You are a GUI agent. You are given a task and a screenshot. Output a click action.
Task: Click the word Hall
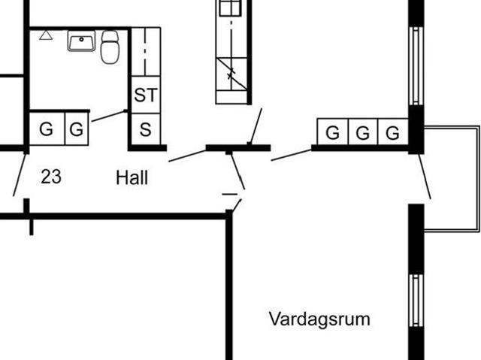pos(132,177)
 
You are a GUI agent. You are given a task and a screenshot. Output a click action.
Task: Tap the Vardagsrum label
pos(319,319)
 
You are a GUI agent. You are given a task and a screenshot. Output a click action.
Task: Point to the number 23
pos(51,177)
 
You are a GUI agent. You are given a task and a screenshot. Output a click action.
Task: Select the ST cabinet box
pos(146,95)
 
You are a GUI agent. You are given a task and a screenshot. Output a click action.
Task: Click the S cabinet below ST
pos(146,129)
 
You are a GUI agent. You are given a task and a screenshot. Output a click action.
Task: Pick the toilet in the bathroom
pos(110,47)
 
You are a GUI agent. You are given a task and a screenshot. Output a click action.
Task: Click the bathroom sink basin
pos(81,41)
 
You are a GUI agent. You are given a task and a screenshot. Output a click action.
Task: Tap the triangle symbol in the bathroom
pos(46,35)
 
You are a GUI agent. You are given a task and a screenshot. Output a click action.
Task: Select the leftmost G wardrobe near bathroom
pos(47,129)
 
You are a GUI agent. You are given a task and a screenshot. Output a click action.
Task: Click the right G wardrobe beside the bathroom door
pos(77,129)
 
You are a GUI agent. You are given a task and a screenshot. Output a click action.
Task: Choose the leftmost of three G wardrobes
pos(333,132)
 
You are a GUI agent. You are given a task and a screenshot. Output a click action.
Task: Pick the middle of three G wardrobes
pos(363,132)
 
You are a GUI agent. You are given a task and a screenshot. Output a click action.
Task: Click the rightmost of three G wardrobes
pos(393,132)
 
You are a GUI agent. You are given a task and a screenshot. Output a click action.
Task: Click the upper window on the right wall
pos(416,66)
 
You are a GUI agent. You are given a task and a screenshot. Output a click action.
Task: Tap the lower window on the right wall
pos(416,301)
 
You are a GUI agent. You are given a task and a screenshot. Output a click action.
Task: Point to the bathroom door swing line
pos(108,116)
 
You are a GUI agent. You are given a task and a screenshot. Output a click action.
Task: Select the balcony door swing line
pos(425,177)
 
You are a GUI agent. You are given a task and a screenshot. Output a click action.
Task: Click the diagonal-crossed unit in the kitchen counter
pos(231,74)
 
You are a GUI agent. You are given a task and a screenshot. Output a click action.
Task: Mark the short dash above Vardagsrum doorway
pos(230,194)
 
